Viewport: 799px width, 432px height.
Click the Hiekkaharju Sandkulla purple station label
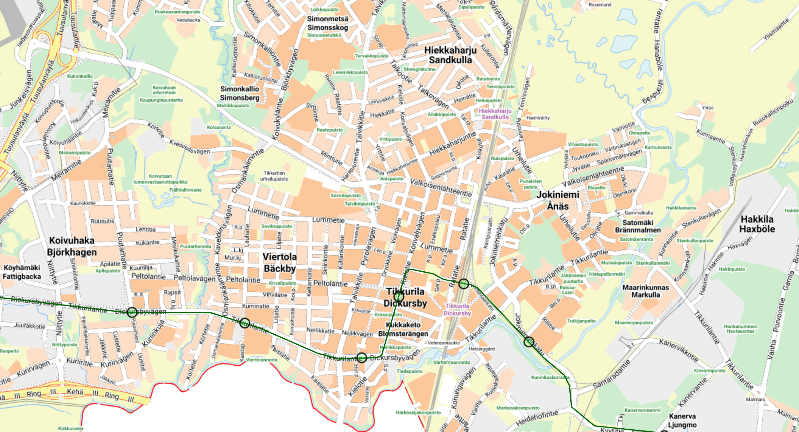click(495, 114)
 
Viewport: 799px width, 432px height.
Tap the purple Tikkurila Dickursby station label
click(457, 309)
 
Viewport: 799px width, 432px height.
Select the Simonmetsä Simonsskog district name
click(328, 23)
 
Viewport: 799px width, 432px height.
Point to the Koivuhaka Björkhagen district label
click(72, 246)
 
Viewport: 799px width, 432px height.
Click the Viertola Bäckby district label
click(280, 263)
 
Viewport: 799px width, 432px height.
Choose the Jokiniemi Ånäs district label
click(558, 200)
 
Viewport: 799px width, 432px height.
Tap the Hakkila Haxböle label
click(757, 224)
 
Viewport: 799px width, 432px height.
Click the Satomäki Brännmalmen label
click(638, 226)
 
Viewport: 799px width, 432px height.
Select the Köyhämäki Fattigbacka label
click(22, 272)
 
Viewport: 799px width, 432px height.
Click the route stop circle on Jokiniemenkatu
click(529, 342)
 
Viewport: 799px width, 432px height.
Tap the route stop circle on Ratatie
click(463, 283)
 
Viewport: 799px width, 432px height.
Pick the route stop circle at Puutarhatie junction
click(132, 312)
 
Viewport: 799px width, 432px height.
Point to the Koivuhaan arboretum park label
click(164, 90)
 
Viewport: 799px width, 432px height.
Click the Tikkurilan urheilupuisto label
click(274, 176)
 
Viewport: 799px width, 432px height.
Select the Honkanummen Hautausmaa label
click(740, 329)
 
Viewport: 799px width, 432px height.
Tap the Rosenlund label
click(600, 5)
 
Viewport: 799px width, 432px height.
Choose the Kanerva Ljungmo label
click(682, 420)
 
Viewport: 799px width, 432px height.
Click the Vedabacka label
click(188, 20)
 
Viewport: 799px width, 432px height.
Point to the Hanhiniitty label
click(538, 118)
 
